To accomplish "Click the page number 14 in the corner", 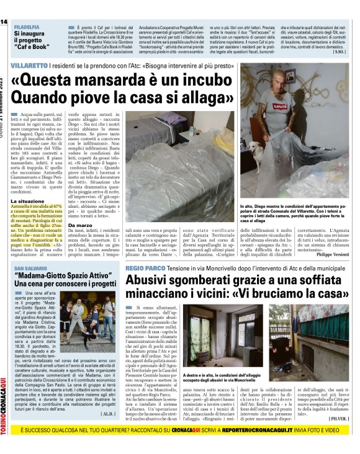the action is coord(4,22).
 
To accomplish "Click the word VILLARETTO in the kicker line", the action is coord(29,65).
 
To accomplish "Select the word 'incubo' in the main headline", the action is coord(213,81).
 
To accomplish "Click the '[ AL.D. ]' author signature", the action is coord(109,395).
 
